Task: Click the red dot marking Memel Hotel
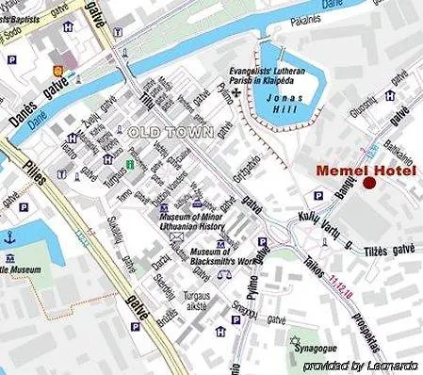click(368, 183)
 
